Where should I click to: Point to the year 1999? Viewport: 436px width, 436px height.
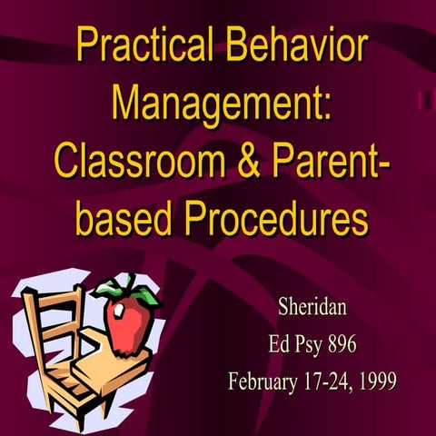pos(377,380)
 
